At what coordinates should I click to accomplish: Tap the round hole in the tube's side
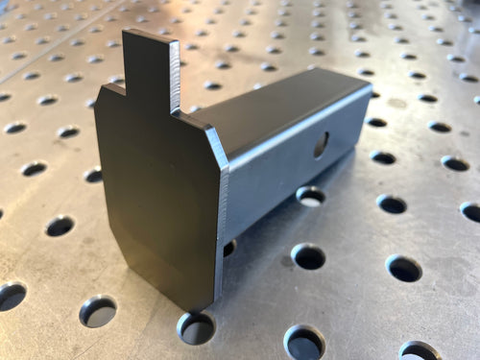tap(321, 144)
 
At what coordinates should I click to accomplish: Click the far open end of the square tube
tap(370, 115)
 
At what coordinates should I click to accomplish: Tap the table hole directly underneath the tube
tap(310, 196)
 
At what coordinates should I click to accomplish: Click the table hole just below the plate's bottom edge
tap(196, 328)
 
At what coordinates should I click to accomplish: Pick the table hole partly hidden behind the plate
tap(228, 248)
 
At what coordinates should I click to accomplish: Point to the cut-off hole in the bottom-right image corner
tap(420, 351)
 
